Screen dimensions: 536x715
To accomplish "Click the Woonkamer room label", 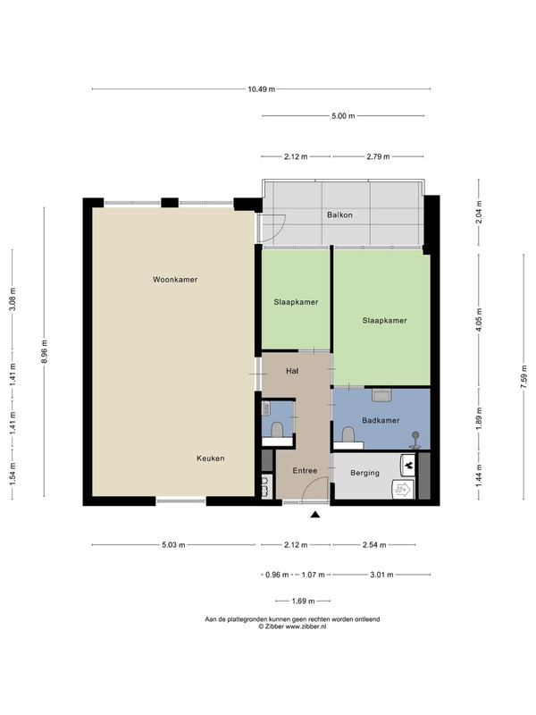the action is (175, 280).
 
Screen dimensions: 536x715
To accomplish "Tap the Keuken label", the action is (211, 458).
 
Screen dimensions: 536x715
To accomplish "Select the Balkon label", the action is (339, 214).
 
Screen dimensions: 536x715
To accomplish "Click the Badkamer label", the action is (381, 420).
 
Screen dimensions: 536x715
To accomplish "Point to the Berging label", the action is (364, 473).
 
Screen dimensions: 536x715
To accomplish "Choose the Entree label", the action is (305, 471).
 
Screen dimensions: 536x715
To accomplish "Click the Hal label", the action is (292, 371).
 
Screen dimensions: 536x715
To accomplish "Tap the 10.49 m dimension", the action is (261, 89).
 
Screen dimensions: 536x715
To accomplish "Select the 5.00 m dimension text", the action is (343, 116).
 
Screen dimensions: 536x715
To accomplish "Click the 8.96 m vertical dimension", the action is (44, 351).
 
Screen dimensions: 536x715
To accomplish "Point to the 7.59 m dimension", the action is (523, 375).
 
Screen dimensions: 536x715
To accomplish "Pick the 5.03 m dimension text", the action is (173, 544).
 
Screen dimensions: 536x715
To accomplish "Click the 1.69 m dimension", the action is (303, 601).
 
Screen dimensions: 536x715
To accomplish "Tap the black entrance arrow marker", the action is (315, 515).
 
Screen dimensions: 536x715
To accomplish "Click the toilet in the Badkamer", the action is (348, 434).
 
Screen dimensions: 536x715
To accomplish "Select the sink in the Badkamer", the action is (381, 395).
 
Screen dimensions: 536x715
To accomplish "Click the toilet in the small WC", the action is (277, 430).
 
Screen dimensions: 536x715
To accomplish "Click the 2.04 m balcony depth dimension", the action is (479, 212).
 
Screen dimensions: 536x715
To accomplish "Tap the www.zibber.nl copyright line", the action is (292, 627).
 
